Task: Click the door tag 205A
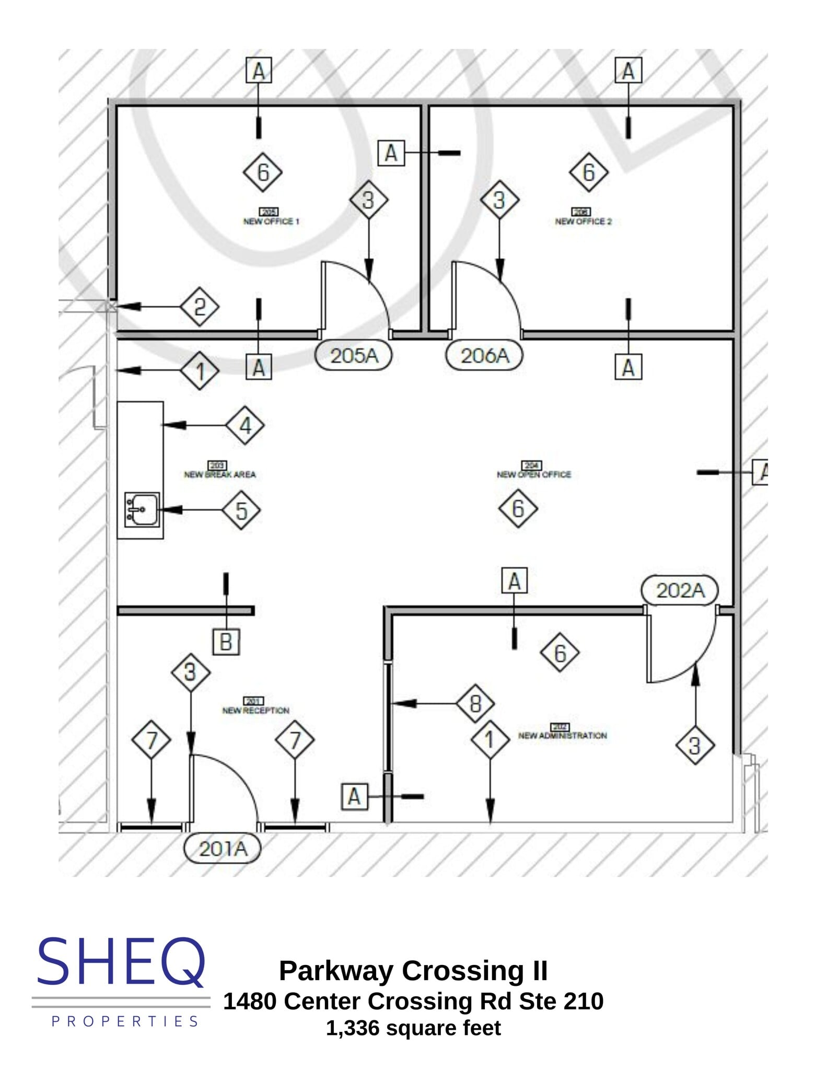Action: (x=354, y=356)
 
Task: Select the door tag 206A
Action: (x=484, y=356)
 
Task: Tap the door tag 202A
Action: (x=680, y=590)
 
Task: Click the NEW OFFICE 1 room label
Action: (x=271, y=222)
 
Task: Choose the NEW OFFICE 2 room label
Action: (x=583, y=222)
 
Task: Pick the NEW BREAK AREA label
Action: (x=220, y=474)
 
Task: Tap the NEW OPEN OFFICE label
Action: (x=534, y=474)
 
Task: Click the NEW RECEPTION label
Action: (x=255, y=711)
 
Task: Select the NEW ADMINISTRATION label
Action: (x=562, y=736)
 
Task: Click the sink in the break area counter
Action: (x=142, y=509)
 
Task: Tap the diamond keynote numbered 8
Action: (x=475, y=703)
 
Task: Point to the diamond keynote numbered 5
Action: (x=241, y=510)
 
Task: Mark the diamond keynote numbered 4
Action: (x=245, y=425)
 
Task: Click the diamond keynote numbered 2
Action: (x=200, y=307)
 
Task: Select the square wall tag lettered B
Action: (x=226, y=642)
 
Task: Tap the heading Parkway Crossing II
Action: (x=413, y=971)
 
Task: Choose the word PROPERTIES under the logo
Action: (x=125, y=1021)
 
